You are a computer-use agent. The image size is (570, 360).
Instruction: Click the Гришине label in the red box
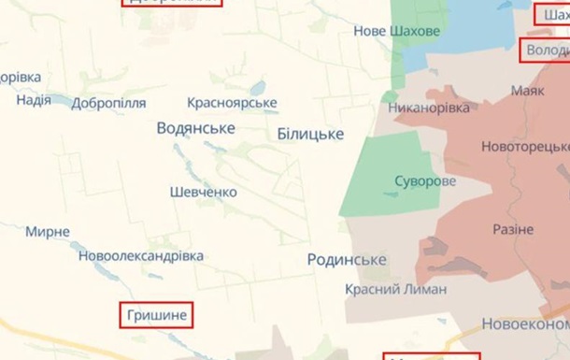click(155, 316)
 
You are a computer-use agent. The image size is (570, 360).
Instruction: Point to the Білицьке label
click(310, 135)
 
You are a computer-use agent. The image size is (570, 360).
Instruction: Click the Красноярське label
click(232, 102)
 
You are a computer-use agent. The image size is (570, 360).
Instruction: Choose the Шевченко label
click(203, 192)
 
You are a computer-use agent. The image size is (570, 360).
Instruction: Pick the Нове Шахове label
click(396, 31)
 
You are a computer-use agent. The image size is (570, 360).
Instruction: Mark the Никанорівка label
click(430, 109)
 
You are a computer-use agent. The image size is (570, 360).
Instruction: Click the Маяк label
click(528, 92)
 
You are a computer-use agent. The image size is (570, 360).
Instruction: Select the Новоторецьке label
click(525, 148)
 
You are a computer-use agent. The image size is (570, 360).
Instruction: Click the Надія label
click(34, 100)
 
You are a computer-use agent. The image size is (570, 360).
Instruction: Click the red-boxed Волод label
click(546, 49)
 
